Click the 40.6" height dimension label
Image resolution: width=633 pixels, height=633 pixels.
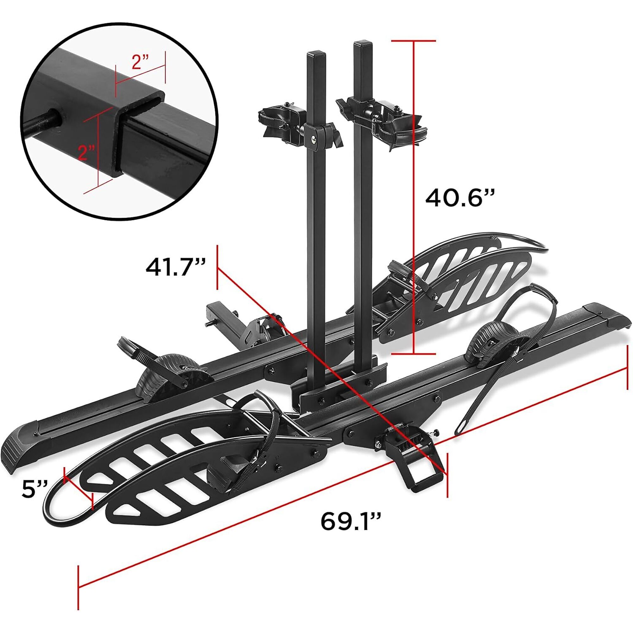(459, 198)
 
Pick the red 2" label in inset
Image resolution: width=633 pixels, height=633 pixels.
(86, 152)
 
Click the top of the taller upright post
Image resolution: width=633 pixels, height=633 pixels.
(362, 43)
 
